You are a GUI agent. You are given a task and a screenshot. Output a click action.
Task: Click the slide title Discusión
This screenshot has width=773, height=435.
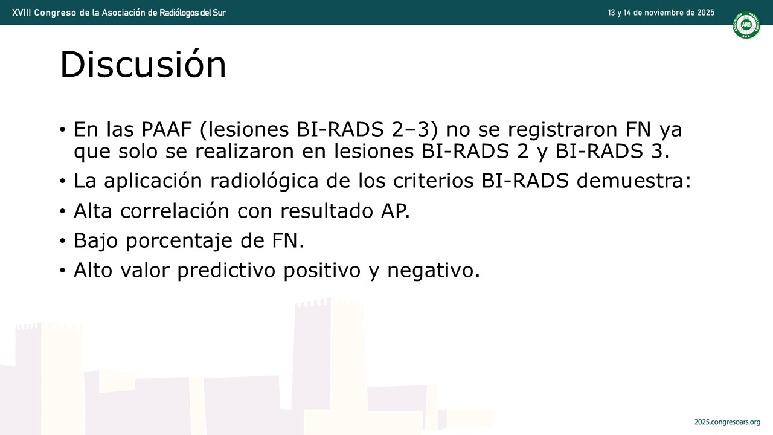143,64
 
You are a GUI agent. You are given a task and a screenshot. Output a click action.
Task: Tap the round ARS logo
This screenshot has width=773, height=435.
746,25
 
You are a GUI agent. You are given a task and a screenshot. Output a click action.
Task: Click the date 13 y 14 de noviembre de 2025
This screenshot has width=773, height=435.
661,13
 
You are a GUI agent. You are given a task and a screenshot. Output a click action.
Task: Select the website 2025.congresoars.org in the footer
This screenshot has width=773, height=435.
728,422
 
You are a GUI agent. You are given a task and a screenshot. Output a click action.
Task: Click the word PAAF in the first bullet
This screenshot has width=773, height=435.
167,129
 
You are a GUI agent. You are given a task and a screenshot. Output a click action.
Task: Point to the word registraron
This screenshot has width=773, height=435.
562,130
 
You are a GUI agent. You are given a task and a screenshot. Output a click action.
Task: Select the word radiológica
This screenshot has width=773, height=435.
264,181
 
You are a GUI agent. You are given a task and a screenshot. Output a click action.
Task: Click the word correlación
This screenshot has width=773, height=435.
175,211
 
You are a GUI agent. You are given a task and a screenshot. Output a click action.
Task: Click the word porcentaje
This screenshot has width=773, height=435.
179,241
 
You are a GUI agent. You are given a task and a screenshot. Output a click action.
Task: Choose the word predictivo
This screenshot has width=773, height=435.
226,270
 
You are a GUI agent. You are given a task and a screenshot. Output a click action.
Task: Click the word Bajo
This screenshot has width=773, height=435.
95,240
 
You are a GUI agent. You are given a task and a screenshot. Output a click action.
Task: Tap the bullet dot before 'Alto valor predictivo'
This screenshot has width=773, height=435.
62,271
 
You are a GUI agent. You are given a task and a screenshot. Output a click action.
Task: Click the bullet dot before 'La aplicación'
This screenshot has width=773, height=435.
62,181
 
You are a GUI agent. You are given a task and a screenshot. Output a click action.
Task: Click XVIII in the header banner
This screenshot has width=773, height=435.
22,13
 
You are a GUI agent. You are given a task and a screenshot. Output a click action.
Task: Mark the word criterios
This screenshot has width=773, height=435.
433,181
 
